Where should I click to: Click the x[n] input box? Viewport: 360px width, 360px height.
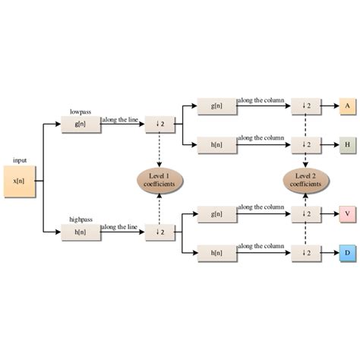[19, 182]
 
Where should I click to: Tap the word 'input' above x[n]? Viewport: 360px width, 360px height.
[19, 160]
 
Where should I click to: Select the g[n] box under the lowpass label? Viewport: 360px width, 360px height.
[81, 124]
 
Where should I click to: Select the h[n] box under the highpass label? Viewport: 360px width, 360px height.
[81, 231]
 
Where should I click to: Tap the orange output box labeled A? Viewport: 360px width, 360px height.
[347, 106]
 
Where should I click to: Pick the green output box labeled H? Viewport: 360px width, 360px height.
[347, 144]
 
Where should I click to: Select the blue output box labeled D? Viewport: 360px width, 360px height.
[347, 252]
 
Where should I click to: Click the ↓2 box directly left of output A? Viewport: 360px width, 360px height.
[305, 106]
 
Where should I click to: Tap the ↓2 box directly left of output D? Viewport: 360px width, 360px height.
[305, 253]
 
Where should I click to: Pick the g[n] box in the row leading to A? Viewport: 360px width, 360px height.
[217, 106]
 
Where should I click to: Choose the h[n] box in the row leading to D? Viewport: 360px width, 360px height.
[217, 253]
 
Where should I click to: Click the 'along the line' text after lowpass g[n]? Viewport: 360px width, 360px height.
[120, 118]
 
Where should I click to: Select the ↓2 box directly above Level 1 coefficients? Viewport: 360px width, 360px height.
[159, 124]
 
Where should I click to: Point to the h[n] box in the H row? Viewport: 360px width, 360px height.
[217, 144]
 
